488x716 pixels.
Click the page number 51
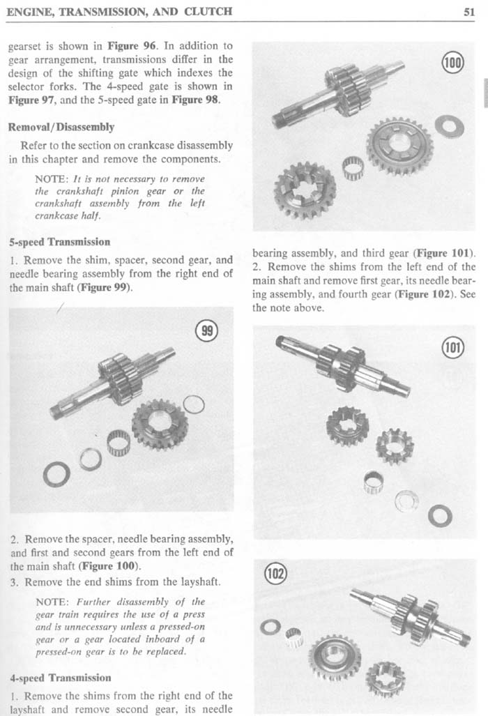[x=468, y=11]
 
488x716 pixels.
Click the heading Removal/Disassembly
[x=61, y=128]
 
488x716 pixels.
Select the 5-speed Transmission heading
[x=59, y=242]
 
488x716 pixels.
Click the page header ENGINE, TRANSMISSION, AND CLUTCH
[x=119, y=11]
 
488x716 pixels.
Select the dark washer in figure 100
[x=443, y=126]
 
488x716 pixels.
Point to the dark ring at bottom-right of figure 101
[x=439, y=516]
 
